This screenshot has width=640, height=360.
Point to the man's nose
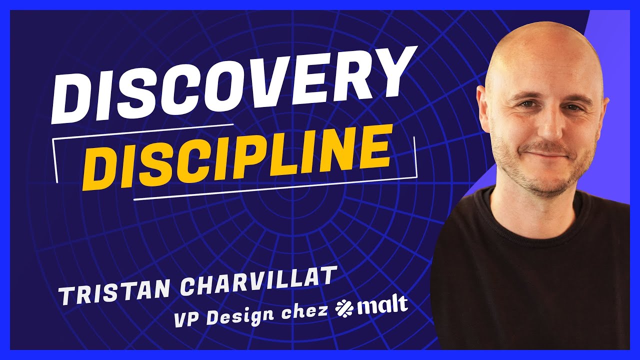point(550,127)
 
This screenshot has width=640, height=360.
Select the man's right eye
point(526,104)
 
